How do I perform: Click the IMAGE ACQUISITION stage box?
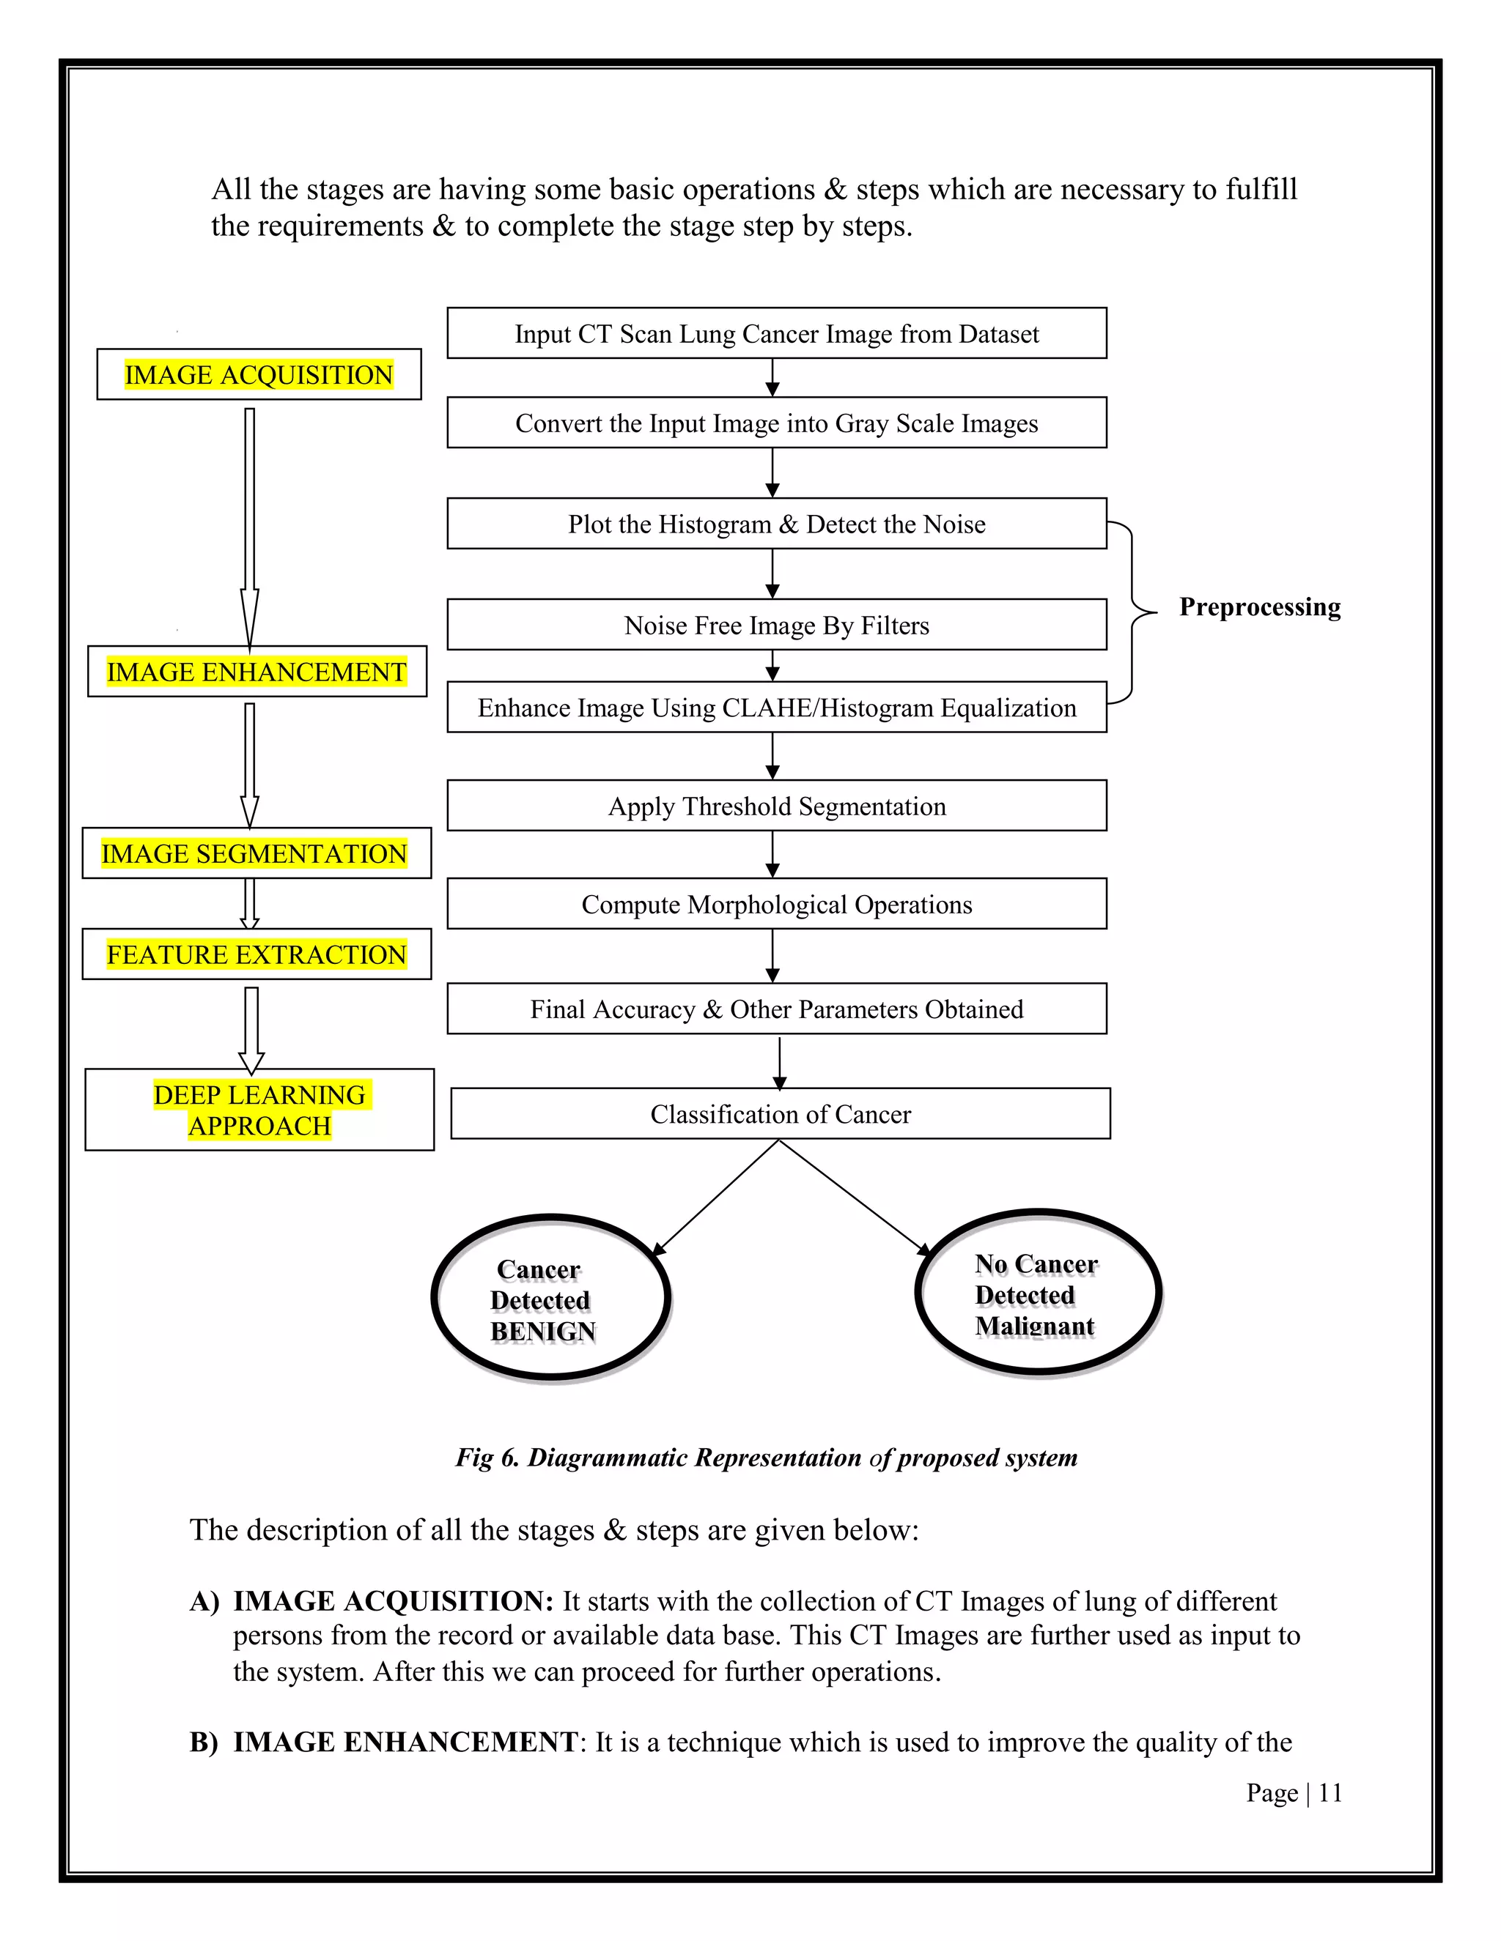(x=259, y=374)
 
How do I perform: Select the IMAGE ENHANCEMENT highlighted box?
(x=257, y=672)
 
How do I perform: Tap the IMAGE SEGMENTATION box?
(x=256, y=853)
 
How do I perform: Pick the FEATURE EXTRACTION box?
(x=256, y=954)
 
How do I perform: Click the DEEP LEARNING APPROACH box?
(x=259, y=1109)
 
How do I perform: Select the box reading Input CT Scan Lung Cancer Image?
(x=776, y=333)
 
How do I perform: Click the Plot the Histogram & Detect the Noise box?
(x=776, y=524)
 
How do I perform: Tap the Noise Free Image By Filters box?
(x=776, y=625)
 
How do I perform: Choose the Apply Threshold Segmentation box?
(x=776, y=806)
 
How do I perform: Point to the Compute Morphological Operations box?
(x=776, y=904)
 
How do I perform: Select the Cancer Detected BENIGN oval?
(x=550, y=1298)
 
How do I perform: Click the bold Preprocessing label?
(x=1259, y=607)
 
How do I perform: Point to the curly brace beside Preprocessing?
(x=1133, y=612)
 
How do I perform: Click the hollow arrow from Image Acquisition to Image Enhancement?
(x=250, y=524)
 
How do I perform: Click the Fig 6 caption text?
(x=766, y=1458)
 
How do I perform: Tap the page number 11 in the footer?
(x=1329, y=1794)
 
